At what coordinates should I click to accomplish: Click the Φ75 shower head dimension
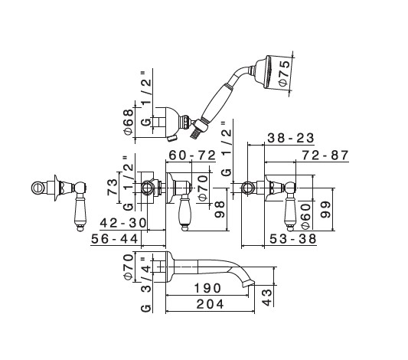point(284,73)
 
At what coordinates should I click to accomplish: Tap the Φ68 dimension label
point(129,122)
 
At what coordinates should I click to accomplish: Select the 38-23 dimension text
point(291,138)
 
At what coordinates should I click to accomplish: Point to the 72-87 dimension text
point(325,155)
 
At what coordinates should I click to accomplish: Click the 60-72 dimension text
point(192,155)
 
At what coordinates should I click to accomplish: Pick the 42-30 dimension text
point(123,223)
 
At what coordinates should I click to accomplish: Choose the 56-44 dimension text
point(115,239)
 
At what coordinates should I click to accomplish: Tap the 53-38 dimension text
point(293,239)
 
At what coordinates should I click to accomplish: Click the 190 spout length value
point(208,288)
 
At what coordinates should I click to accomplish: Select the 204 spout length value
point(210,304)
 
